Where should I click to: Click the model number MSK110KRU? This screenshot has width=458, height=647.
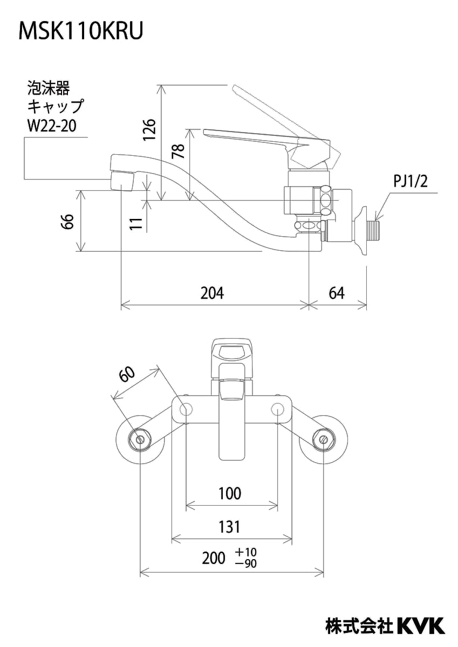tap(81, 31)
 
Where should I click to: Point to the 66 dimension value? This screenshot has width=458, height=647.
tap(67, 221)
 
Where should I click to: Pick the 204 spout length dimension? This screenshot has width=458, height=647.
tap(212, 293)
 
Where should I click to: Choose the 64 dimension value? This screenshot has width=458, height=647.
tap(336, 293)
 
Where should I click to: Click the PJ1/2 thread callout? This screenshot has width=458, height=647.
tap(410, 182)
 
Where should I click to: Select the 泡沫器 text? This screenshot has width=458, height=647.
tap(49, 87)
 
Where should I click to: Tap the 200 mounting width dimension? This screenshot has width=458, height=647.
tap(214, 559)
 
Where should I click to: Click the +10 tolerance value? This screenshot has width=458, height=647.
tap(246, 552)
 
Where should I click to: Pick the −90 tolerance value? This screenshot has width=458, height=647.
tap(246, 564)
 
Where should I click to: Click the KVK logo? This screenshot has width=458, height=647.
tap(421, 625)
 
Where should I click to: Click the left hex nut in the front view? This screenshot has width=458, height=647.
tap(140, 439)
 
